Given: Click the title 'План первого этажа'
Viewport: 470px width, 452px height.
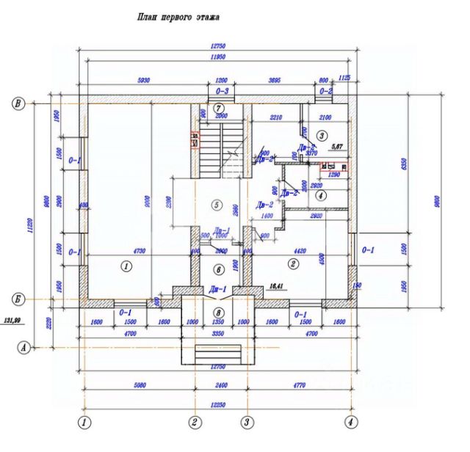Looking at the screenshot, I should click(x=179, y=15).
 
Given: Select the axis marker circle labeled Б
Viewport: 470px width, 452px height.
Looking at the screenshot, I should click(x=18, y=299).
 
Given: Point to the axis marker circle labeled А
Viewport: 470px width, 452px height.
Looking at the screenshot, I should click(x=25, y=348).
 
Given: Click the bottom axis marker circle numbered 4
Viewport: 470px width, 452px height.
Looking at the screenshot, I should click(x=352, y=423).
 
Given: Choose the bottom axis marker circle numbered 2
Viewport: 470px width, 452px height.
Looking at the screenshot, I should click(x=195, y=423).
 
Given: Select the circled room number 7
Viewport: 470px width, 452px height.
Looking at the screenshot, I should click(x=217, y=108).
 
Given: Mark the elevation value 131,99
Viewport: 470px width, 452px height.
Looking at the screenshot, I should click(x=13, y=321).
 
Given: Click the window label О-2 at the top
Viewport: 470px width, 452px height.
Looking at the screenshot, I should click(x=326, y=91).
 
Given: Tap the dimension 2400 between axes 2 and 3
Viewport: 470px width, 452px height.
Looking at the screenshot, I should click(x=220, y=382).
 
